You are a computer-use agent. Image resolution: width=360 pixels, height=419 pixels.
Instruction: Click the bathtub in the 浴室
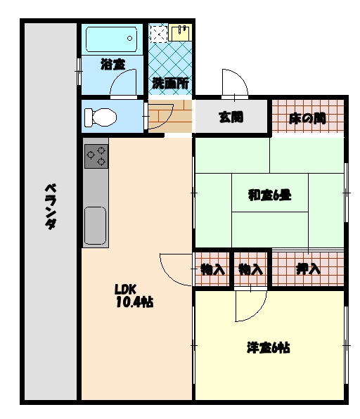[111, 39]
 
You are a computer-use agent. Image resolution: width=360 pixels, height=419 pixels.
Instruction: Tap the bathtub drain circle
[129, 38]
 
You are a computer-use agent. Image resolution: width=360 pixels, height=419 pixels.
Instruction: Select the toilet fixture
[101, 117]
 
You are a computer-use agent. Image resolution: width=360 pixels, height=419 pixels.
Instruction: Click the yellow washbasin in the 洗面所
[180, 33]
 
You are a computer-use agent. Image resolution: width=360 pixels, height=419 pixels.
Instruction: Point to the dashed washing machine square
[158, 34]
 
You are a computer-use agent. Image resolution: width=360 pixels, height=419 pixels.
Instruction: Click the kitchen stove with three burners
[96, 156]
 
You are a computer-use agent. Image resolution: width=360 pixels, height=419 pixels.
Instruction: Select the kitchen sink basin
[95, 225]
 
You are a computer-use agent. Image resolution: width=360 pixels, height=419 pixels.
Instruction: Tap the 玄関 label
[231, 117]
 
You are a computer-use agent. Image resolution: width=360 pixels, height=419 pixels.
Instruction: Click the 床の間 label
[307, 118]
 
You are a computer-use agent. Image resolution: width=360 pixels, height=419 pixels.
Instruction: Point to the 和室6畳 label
[270, 195]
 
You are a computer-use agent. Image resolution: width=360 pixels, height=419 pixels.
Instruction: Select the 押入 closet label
[308, 269]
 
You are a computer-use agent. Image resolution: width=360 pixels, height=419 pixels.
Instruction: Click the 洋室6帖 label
[269, 348]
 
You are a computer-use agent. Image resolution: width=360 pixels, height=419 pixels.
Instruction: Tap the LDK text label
[126, 289]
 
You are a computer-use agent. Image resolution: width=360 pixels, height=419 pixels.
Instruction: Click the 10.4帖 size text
[135, 302]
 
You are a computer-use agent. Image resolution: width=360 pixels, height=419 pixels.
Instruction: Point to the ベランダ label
[51, 207]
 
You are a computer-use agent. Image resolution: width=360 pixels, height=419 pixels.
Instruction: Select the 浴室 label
[112, 65]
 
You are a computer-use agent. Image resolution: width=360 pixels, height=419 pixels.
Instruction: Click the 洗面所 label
[171, 84]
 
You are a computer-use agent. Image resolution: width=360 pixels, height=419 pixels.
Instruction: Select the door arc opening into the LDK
[168, 276]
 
